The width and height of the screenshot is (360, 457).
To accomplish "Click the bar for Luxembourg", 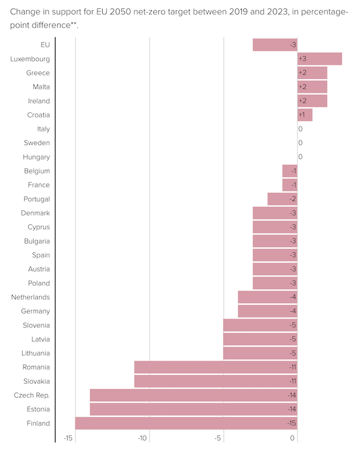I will pos(319,59).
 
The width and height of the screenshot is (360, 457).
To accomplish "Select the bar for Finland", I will pos(186,423).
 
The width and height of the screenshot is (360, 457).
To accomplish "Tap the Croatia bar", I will pos(305,115).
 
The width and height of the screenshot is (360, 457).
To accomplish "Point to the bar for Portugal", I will pos(282,199).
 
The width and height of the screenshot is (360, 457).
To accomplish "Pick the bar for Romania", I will pos(215,367).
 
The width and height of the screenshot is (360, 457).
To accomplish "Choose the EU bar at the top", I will pos(275,44).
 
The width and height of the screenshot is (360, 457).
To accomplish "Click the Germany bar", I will pos(267,311).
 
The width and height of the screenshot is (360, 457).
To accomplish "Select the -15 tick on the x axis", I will pos(68,439).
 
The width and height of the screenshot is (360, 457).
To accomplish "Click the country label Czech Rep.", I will pos(32,395).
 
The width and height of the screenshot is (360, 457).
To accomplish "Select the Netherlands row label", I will pos(30,297).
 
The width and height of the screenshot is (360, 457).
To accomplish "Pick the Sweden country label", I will pos(37,143).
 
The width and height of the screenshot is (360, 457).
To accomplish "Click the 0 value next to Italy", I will pos(300,129).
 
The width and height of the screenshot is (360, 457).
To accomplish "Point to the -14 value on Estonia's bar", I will pos(292,409).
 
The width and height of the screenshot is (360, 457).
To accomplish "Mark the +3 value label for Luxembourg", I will pos(302,59).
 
